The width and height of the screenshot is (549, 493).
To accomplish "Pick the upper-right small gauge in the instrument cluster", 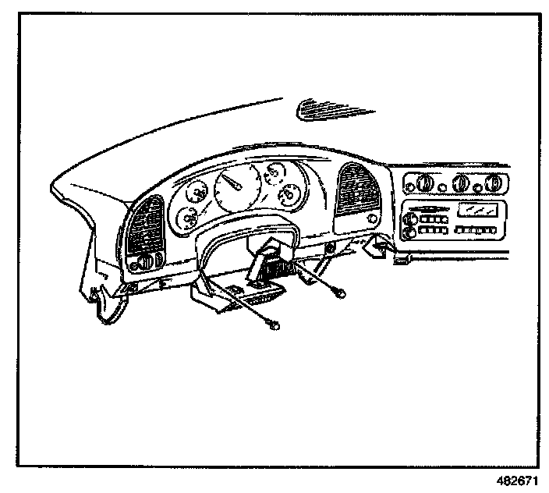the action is [274, 173].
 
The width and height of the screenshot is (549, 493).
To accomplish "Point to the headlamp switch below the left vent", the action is [148, 260].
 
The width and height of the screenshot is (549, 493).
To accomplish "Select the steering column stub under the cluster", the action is [266, 257].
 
